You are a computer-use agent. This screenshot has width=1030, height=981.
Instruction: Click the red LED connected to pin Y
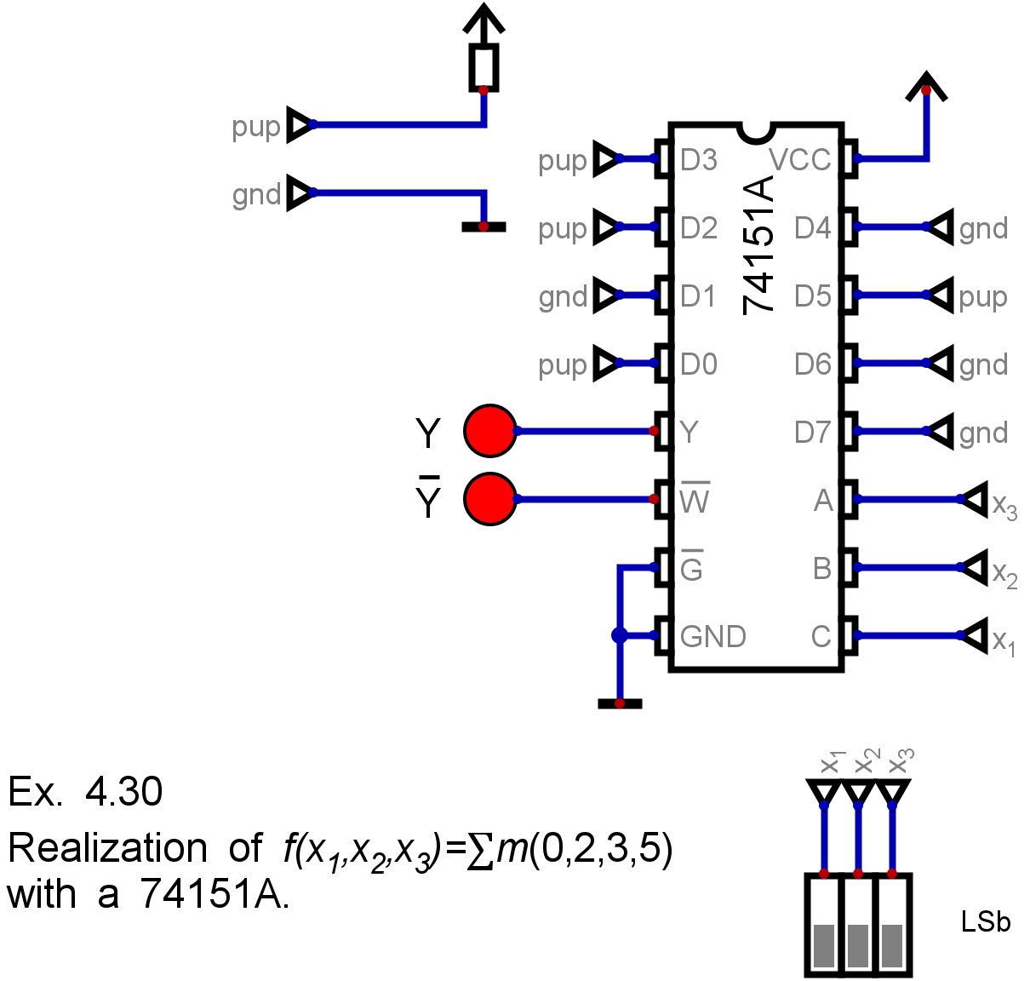[x=489, y=431]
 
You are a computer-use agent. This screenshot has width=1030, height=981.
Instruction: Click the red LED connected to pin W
[x=489, y=499]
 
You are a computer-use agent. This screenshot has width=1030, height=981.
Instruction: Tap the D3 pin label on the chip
[x=698, y=159]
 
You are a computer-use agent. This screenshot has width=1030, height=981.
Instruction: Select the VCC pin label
[x=800, y=159]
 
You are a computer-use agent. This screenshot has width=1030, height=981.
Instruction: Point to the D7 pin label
[x=813, y=432]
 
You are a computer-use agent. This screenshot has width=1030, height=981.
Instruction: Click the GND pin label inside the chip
[x=713, y=636]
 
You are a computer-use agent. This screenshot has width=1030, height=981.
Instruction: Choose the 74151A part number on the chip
[x=758, y=245]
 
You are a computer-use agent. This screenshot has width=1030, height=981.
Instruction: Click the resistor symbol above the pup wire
[x=484, y=68]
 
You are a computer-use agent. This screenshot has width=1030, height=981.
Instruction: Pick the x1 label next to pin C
[x=1004, y=641]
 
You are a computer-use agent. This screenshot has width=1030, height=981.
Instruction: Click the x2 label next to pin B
[x=1004, y=573]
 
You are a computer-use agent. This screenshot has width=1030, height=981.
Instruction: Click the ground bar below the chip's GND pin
[x=620, y=703]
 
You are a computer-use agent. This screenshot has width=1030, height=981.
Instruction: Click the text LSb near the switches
[x=986, y=921]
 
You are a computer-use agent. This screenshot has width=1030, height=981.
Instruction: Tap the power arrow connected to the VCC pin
[x=926, y=87]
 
